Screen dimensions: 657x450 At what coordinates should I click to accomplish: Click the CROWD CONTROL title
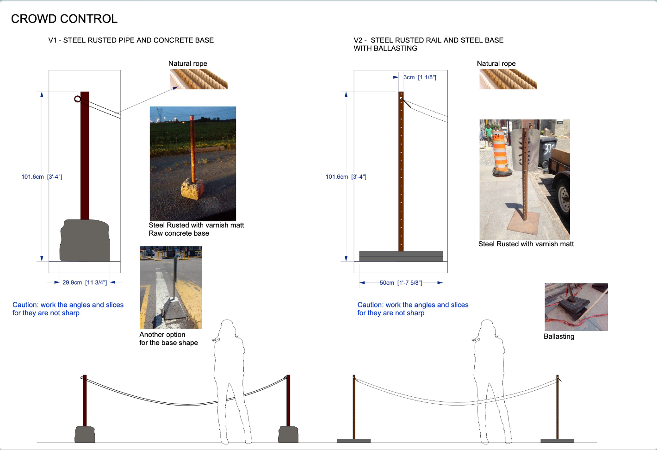click(64, 19)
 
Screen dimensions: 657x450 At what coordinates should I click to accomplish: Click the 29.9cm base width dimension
click(85, 282)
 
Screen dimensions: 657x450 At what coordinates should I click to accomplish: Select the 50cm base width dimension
click(401, 283)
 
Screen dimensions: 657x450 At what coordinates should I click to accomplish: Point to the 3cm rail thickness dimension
click(420, 77)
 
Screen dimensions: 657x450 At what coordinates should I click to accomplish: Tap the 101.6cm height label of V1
click(42, 177)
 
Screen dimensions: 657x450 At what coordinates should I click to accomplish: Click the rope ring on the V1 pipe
click(77, 99)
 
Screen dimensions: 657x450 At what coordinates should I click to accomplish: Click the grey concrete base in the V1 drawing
click(85, 240)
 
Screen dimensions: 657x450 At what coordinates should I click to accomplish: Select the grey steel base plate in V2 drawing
click(401, 256)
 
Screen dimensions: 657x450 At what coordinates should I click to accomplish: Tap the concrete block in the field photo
click(192, 189)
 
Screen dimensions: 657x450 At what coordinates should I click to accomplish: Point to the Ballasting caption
click(559, 337)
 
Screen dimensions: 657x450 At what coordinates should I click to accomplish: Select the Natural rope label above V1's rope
click(188, 63)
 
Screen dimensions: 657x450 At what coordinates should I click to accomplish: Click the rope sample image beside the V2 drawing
click(508, 79)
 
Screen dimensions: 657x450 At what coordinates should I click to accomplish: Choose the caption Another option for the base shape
click(168, 339)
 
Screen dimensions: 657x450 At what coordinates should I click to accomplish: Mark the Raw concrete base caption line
click(179, 233)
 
